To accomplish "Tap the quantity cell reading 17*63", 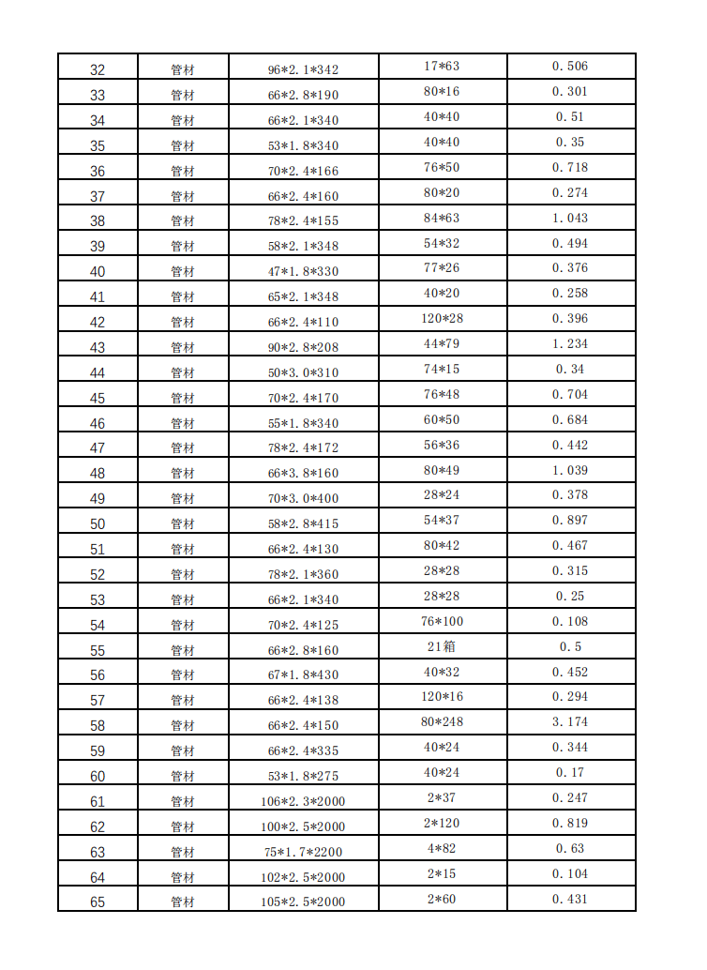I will (x=443, y=66).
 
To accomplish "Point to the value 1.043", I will (x=570, y=218).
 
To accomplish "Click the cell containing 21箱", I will (x=443, y=646).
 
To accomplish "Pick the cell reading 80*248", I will (x=443, y=722).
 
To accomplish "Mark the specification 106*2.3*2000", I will (x=303, y=802).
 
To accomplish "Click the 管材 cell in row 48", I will (x=183, y=474).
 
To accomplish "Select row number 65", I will (x=98, y=902).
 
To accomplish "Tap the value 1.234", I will (x=570, y=344).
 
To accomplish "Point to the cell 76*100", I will (x=443, y=621).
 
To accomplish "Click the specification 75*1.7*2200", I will (x=303, y=853).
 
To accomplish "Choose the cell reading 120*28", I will (x=443, y=319).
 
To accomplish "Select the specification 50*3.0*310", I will (x=303, y=373).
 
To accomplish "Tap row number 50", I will (x=98, y=524).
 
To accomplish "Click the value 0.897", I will (x=570, y=521).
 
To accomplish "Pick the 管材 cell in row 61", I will (x=183, y=802).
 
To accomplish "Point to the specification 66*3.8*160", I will (x=303, y=474).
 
